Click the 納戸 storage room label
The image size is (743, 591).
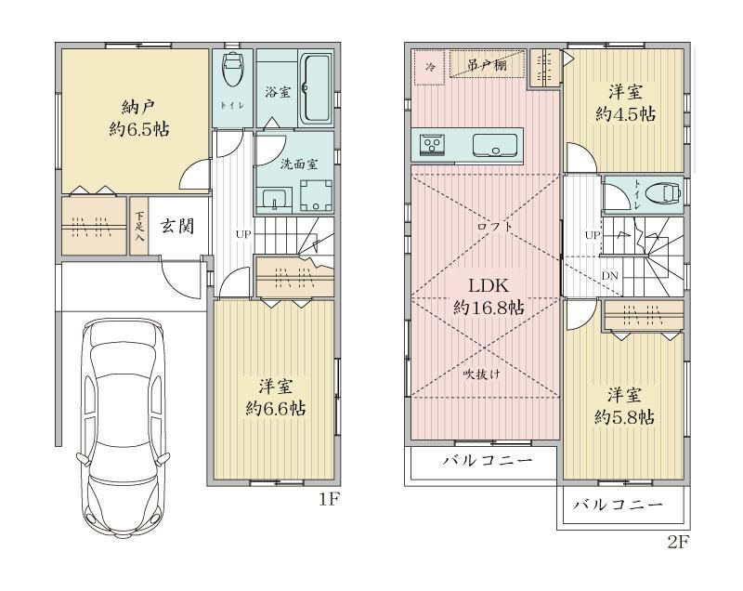click(x=138, y=108)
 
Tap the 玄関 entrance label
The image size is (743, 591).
click(x=177, y=226)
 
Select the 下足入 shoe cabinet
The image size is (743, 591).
click(x=138, y=226)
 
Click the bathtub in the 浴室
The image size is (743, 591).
click(x=316, y=88)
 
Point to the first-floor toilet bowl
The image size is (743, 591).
click(x=232, y=69)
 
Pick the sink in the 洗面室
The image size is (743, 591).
click(x=274, y=198)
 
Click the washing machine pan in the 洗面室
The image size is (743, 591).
click(x=315, y=195)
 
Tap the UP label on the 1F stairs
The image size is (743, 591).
click(x=243, y=234)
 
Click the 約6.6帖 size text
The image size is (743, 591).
click(x=275, y=409)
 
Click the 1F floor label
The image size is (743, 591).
click(x=330, y=499)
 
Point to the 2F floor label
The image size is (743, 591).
click(x=678, y=542)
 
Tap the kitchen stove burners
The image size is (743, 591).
click(x=433, y=144)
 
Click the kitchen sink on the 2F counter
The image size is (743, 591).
click(x=495, y=145)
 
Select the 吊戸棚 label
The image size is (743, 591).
click(x=487, y=64)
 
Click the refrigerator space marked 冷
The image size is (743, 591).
click(x=430, y=67)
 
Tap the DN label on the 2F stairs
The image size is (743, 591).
click(x=609, y=275)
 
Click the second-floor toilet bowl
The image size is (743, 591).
click(x=666, y=193)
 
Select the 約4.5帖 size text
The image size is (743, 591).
click(x=625, y=114)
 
